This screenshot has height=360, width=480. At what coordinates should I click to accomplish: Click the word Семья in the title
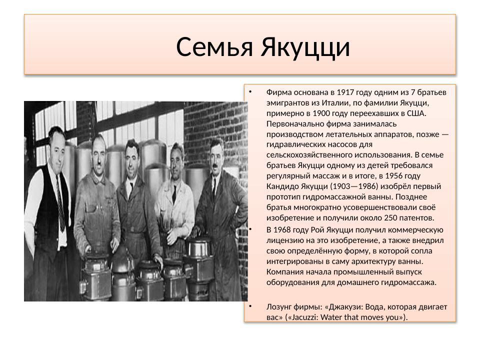(x=215, y=47)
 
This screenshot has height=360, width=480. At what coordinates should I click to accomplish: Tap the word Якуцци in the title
(x=304, y=47)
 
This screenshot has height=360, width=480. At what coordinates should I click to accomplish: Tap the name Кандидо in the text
(x=284, y=186)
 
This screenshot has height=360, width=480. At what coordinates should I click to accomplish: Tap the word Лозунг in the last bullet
(x=280, y=306)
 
